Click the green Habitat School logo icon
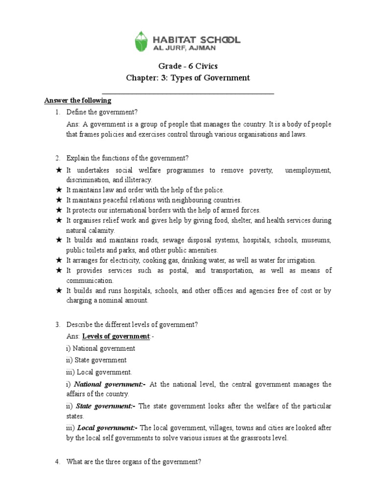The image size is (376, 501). (x=141, y=42)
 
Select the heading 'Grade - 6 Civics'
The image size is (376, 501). (x=188, y=66)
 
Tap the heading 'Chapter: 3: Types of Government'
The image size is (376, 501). (x=188, y=78)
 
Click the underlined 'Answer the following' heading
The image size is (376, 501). (x=78, y=101)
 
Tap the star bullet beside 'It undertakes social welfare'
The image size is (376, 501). (x=58, y=170)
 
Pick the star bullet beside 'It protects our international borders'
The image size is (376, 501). (x=58, y=210)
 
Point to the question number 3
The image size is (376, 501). (x=57, y=325)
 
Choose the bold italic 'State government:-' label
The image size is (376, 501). (x=105, y=407)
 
